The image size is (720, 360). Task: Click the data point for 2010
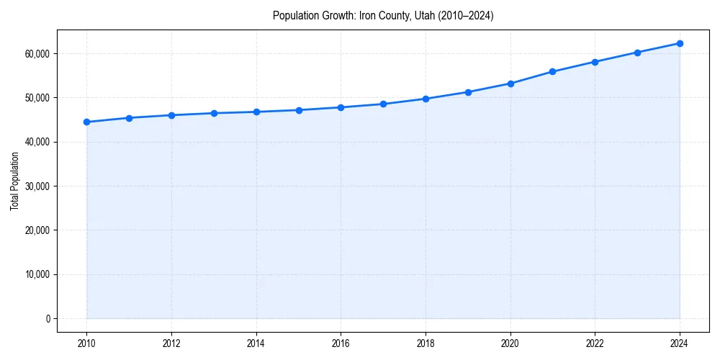[x=86, y=122]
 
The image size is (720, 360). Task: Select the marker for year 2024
[x=680, y=43]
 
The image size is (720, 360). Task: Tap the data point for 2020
[x=510, y=84]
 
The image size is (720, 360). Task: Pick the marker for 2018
[x=426, y=99]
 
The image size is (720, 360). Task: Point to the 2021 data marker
[x=552, y=71]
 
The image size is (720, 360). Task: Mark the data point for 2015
[x=299, y=110]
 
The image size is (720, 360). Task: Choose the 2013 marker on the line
[x=214, y=113]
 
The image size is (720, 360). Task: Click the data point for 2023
[x=637, y=53]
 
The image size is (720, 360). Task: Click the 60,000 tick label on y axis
[x=37, y=53]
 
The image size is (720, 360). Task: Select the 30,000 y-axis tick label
[x=37, y=186]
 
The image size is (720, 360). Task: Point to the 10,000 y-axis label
[x=37, y=274]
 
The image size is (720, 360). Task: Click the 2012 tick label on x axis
[x=171, y=343]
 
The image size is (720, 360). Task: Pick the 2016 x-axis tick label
[x=341, y=343]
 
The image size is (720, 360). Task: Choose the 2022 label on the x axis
[x=595, y=343]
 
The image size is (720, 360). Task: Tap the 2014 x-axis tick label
[x=256, y=343]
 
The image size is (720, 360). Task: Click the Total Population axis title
[x=14, y=181]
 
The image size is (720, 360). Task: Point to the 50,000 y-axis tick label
[x=37, y=97]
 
